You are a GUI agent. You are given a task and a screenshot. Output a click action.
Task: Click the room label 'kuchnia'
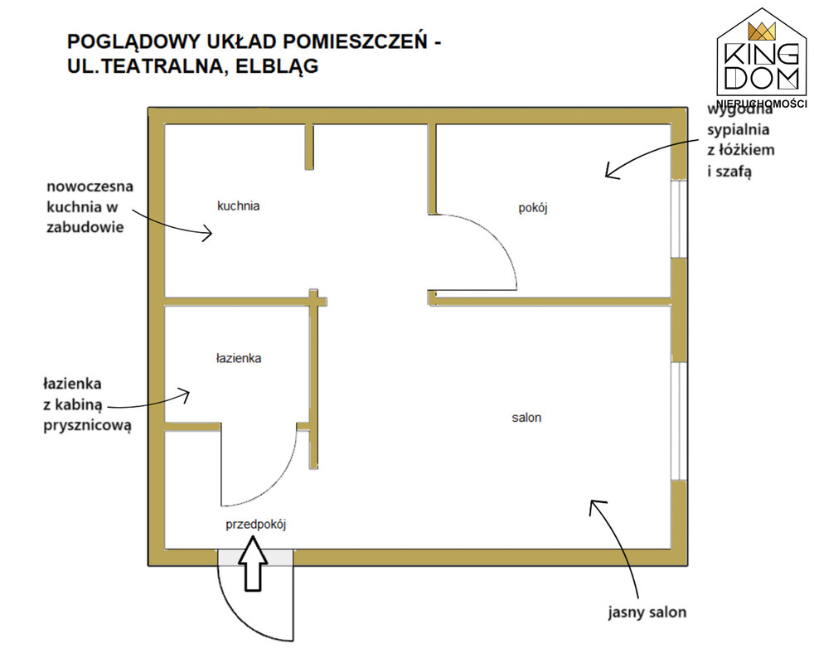coord(239,206)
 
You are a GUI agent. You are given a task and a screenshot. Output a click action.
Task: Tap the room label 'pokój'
coord(534,208)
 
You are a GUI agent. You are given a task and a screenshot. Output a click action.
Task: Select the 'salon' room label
coord(526,418)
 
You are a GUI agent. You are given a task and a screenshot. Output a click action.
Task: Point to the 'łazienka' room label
coord(239,359)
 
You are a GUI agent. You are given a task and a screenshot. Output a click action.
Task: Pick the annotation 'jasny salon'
coord(647,613)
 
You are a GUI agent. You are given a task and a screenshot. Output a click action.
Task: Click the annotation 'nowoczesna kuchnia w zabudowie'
coord(85,205)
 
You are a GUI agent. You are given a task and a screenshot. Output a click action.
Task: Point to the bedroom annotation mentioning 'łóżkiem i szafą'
coord(740,141)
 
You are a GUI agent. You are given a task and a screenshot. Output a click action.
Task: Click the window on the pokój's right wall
coord(678,219)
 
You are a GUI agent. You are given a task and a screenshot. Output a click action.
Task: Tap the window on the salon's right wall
coord(678,421)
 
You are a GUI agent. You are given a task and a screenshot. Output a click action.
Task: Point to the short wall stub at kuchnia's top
coord(310,145)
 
